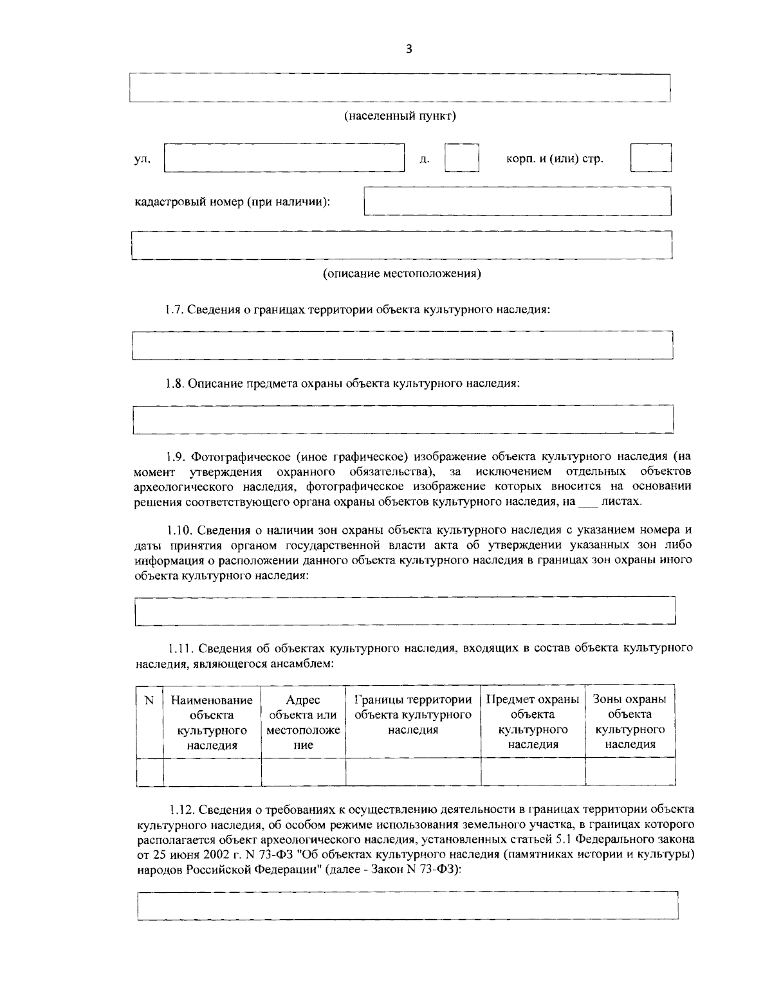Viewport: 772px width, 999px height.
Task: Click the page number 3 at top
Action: (x=409, y=49)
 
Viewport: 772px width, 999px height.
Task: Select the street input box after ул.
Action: (x=284, y=158)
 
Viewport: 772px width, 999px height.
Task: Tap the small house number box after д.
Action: (x=462, y=158)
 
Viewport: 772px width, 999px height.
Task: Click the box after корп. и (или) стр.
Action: (x=650, y=158)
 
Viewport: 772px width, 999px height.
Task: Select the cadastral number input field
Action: (x=517, y=201)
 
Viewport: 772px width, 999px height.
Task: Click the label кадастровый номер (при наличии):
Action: (x=232, y=201)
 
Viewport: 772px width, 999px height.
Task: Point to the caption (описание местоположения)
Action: (x=401, y=274)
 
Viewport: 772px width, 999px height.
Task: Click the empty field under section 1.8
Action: (x=403, y=419)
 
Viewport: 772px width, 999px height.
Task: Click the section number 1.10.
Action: (x=180, y=531)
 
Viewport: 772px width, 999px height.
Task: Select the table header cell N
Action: (x=149, y=700)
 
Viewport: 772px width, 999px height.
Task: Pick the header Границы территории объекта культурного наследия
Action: (x=413, y=714)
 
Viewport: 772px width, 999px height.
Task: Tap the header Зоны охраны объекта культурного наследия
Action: (x=629, y=722)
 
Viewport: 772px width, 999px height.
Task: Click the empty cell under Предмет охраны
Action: (x=533, y=771)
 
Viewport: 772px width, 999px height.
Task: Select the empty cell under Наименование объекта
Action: (x=212, y=771)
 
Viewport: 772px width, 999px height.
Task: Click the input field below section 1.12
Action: (x=408, y=905)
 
